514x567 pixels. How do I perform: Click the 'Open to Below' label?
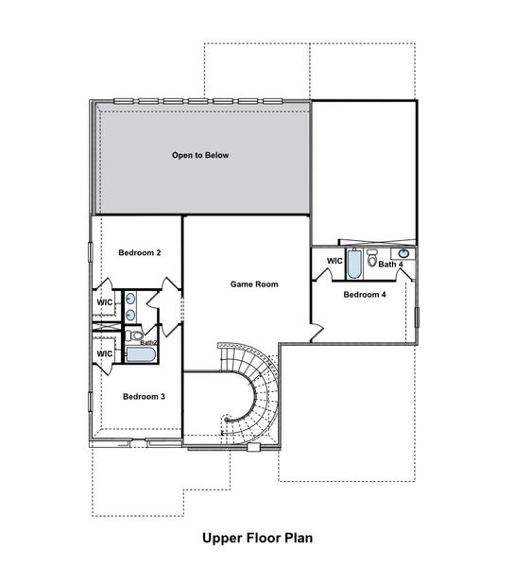coord(200,155)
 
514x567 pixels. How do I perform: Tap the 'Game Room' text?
coord(254,283)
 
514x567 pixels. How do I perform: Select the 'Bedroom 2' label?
coord(140,253)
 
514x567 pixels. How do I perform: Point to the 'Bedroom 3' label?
coord(144,397)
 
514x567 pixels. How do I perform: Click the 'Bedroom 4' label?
coord(365,295)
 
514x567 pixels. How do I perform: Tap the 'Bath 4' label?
coord(391,265)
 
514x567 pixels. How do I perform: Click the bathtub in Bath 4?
coord(352,264)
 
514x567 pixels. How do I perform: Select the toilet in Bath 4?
coord(372,257)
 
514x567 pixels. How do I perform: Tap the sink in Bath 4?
coord(403,253)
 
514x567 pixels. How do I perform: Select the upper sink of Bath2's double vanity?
coord(130,298)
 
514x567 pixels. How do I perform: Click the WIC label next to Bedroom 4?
coord(334,261)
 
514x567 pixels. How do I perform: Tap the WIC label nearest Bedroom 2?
coord(105,303)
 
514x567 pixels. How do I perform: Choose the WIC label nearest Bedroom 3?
coord(105,353)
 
